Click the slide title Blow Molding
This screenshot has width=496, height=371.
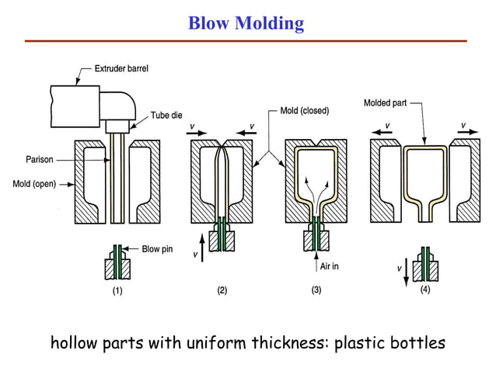tap(246, 23)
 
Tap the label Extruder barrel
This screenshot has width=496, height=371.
tap(121, 69)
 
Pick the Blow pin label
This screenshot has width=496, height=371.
tap(157, 250)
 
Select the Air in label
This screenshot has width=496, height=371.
tap(329, 265)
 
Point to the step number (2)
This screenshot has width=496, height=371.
tap(222, 291)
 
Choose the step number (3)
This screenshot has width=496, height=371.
tap(316, 291)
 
